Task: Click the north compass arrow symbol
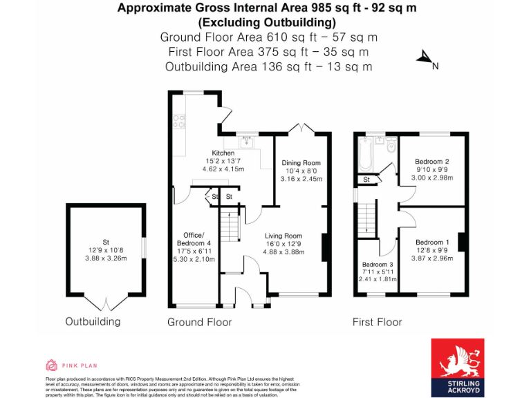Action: [x=425, y=58]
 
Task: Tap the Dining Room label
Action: [x=301, y=163]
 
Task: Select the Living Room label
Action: [x=283, y=236]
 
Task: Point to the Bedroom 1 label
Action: [x=433, y=242]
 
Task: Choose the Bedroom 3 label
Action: [x=378, y=265]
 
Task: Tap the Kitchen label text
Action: [x=223, y=153]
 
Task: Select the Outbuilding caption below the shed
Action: [x=93, y=321]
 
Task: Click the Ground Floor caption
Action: [x=199, y=322]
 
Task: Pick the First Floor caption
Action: [x=377, y=322]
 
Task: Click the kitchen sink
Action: [x=247, y=142]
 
